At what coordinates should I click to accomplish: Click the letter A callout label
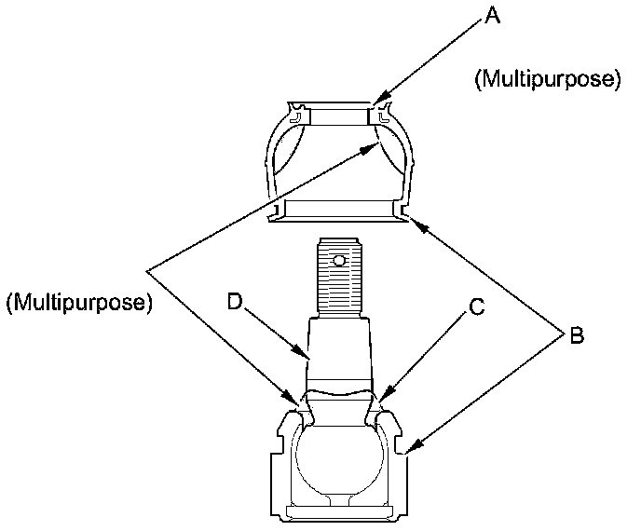(x=493, y=17)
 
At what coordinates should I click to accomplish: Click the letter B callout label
(x=576, y=335)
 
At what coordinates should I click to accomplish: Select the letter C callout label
(x=475, y=307)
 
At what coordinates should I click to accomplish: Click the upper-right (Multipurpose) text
(x=547, y=80)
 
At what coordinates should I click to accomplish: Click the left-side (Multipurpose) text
(x=78, y=303)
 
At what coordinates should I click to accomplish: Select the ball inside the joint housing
(x=339, y=456)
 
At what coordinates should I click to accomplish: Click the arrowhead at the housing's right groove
(x=411, y=453)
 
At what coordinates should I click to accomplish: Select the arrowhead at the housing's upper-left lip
(x=294, y=404)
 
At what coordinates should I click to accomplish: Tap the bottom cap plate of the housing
(x=339, y=513)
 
